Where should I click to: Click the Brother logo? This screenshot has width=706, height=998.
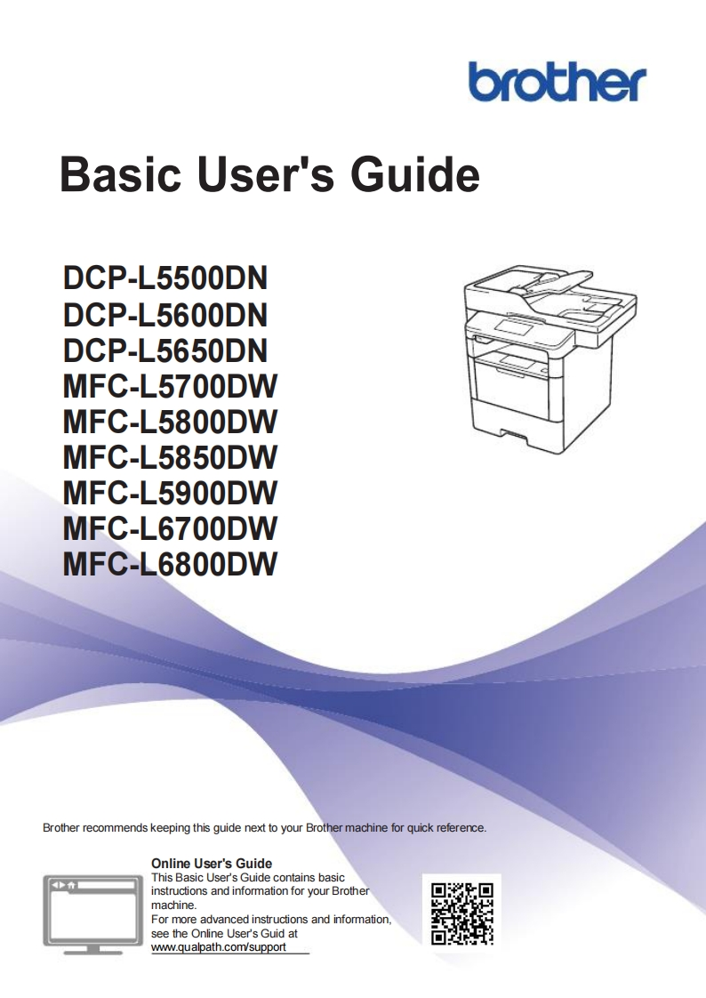pos(558,83)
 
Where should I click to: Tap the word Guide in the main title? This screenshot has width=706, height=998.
pos(415,174)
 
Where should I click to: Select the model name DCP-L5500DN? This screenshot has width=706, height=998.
pos(165,278)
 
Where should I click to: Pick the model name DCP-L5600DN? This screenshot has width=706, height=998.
pos(165,314)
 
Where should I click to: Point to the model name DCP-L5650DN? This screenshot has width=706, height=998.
pos(165,350)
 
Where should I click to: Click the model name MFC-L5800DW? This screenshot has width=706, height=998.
pos(170,421)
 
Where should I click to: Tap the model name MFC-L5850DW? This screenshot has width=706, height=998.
pos(170,456)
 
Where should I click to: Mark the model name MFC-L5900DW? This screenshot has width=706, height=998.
pos(170,492)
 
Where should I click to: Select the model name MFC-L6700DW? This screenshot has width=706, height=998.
pos(170,527)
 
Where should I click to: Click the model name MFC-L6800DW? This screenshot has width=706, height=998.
pos(170,563)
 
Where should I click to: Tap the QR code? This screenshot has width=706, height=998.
pos(461,912)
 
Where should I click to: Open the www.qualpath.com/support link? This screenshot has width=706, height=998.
pos(219,947)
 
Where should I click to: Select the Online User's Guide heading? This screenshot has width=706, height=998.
pos(212,863)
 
